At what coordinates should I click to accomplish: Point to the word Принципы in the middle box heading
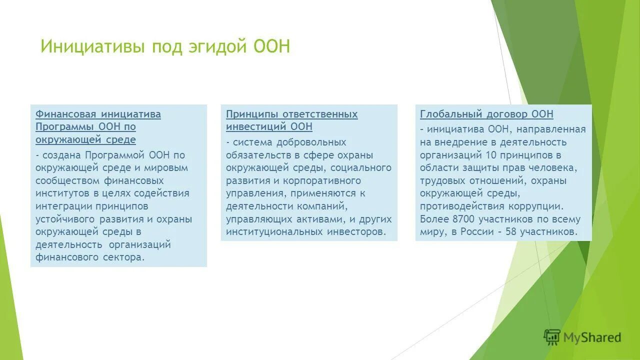252,114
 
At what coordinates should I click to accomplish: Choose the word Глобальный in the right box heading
448,114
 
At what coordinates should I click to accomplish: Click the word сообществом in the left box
68,180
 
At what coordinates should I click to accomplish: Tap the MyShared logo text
592,337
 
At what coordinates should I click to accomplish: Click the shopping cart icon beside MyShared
552,337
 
